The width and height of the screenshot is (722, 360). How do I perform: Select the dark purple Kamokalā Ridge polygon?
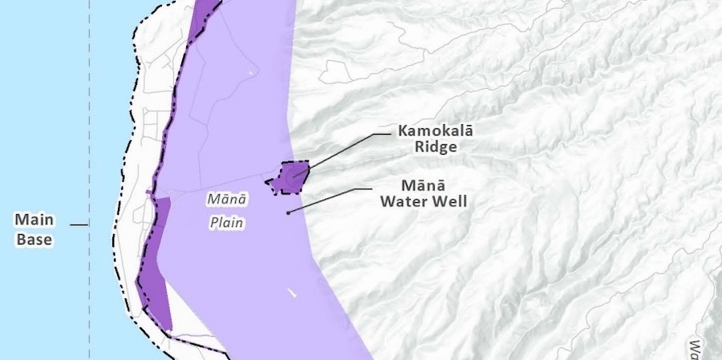[x=290, y=177]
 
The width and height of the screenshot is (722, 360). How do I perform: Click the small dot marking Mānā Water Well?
[x=288, y=212]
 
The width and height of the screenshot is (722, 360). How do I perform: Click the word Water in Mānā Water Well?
[x=405, y=202]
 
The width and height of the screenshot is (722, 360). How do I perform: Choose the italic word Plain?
[x=227, y=223]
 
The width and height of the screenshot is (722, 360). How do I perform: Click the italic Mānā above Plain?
[x=227, y=198]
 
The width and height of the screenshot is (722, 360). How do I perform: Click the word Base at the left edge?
[x=34, y=239]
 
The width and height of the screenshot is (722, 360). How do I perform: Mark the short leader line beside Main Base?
[x=79, y=225]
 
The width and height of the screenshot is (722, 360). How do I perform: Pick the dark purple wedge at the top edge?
[x=204, y=16]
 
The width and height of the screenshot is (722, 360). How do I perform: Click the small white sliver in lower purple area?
[x=292, y=293]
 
